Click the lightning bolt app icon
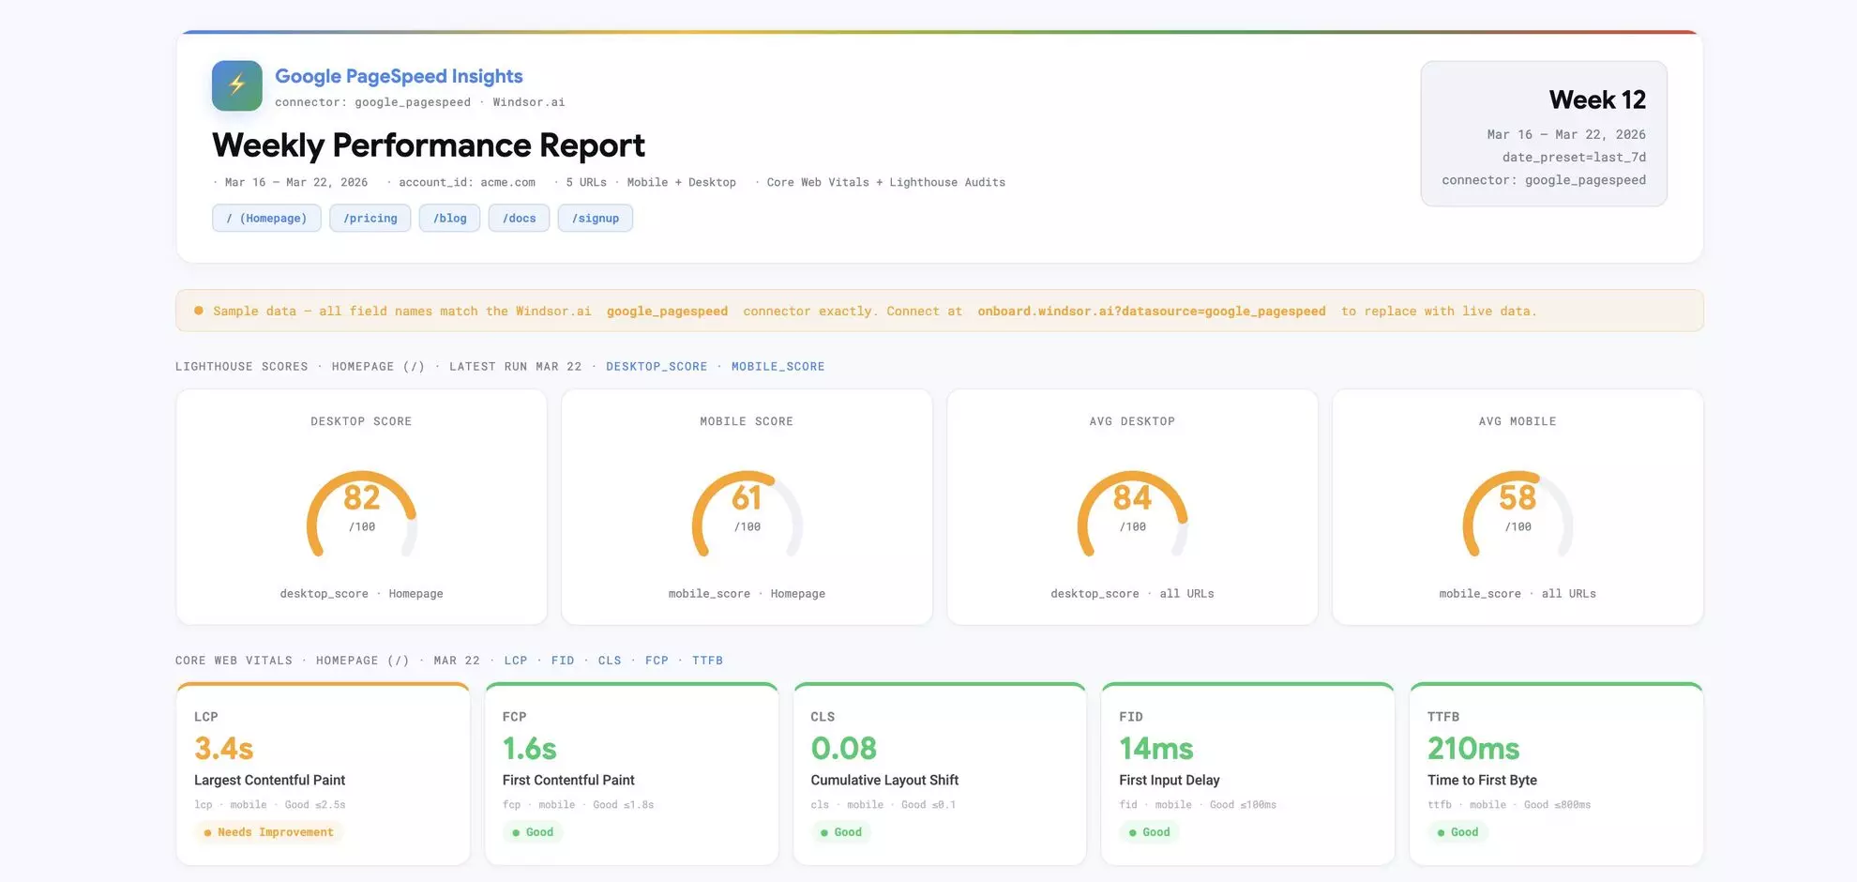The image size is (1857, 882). (236, 85)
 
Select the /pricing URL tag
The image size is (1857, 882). (370, 219)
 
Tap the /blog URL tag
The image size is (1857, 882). (449, 219)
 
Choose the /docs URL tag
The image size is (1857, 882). (519, 219)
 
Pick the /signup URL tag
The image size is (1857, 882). (595, 219)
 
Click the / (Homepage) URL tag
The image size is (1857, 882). (266, 219)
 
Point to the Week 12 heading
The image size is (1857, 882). (1596, 99)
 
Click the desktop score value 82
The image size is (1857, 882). (361, 497)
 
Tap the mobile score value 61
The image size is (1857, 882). (747, 497)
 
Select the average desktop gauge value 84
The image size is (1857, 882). (1132, 497)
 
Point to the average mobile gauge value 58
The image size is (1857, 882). (1517, 497)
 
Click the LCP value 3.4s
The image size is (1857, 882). (223, 749)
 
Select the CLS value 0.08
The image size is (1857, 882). (843, 749)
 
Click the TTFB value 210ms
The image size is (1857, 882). (1472, 749)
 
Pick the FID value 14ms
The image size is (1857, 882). (1155, 749)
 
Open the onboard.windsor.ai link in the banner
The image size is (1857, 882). (1151, 312)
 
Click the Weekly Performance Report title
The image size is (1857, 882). (428, 145)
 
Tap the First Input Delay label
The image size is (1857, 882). (1169, 781)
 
